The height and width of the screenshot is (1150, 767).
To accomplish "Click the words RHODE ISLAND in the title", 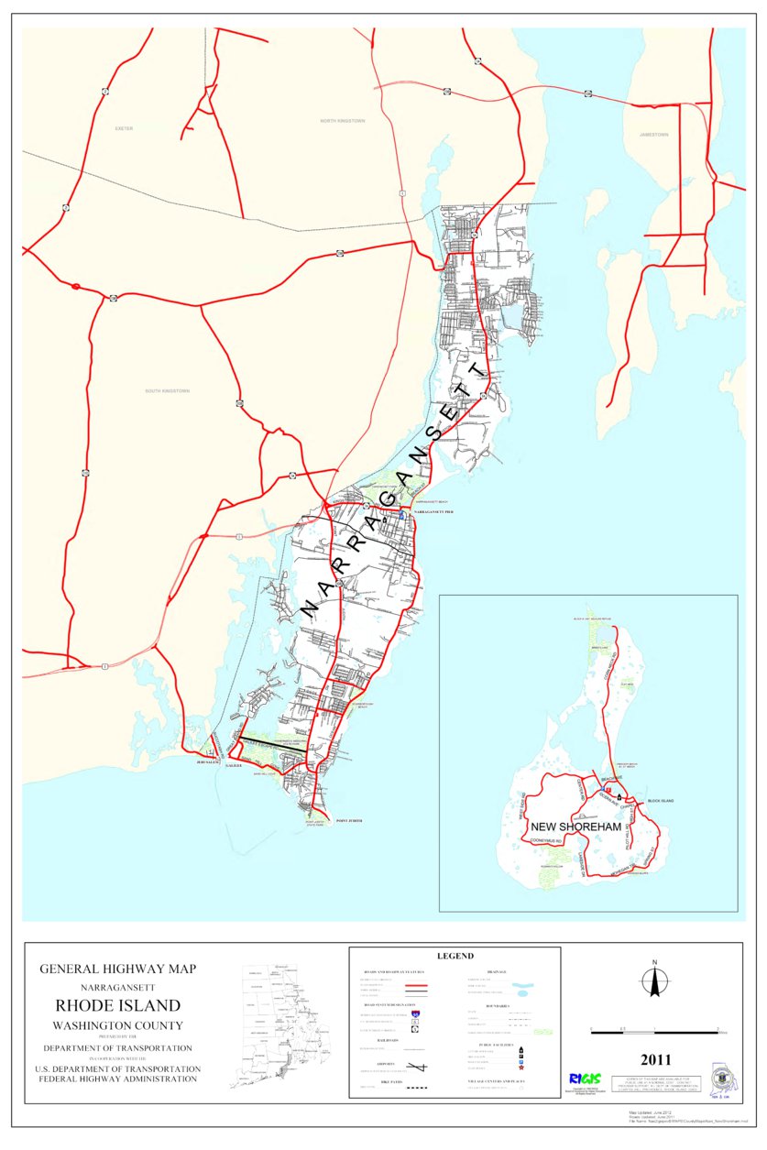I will tap(117, 1006).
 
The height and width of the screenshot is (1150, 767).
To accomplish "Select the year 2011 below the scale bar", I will tap(656, 1060).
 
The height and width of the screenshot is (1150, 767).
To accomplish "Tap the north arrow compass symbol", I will tap(654, 982).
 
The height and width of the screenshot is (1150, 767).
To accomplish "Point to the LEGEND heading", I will tap(455, 956).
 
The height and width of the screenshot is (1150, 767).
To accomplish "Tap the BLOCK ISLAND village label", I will tap(660, 802).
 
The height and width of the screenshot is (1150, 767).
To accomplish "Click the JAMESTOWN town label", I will tap(654, 135).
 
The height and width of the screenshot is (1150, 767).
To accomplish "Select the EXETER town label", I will tap(125, 129).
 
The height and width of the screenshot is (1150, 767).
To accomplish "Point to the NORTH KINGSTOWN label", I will tap(341, 121).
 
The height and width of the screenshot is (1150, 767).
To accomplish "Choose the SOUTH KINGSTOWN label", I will tap(168, 391).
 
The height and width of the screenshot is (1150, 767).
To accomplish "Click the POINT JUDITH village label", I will tap(349, 820).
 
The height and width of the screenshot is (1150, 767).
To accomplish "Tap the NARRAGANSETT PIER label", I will tap(434, 514).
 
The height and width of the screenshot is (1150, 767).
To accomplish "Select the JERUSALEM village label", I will tap(206, 761).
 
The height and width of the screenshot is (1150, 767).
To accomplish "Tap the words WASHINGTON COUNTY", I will tap(117, 1026).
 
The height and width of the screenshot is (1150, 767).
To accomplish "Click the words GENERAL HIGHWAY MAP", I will tap(117, 969).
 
